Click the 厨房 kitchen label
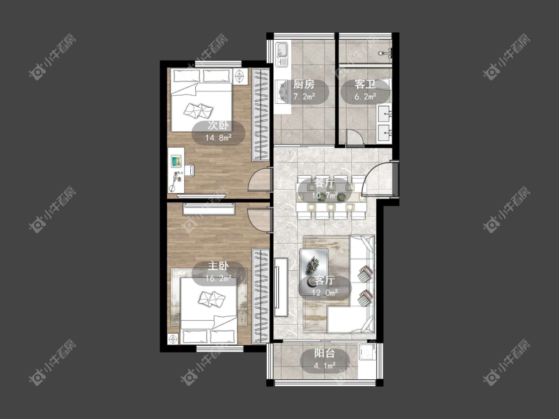pos(304,84)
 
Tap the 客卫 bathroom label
pos(365,84)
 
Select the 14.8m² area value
pos(219,138)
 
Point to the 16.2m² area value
pos(219,279)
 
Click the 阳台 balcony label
pos(324,353)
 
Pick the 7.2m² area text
pos(304,96)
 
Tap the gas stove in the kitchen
pos(282,91)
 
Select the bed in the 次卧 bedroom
pos(201,100)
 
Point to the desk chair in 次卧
pos(189,170)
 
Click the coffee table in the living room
pos(314,272)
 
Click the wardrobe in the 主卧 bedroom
pos(260,296)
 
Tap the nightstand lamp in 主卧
pos(173,339)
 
